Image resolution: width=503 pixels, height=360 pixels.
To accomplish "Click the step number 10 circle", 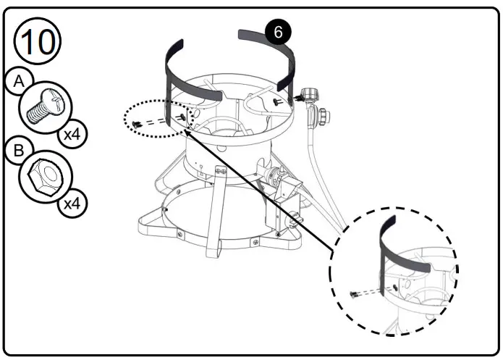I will click(37, 41).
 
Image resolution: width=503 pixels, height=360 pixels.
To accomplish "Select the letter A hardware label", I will click(19, 82).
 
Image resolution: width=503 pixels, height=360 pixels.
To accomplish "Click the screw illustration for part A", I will click(43, 104).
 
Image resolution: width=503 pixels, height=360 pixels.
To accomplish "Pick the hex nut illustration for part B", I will click(44, 175).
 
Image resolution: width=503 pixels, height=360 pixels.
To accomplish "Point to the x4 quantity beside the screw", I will click(70, 135).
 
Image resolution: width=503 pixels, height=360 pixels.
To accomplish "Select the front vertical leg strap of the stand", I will click(215, 210).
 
